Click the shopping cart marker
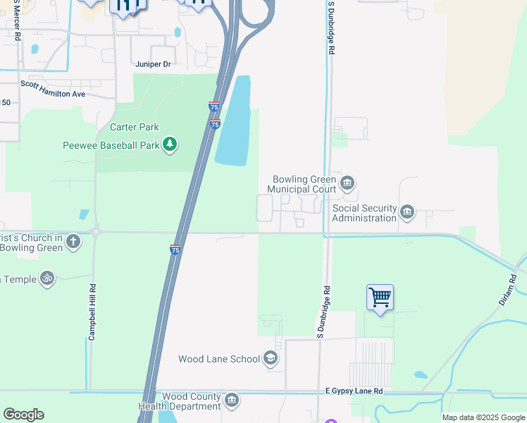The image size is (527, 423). pyautogui.click(x=380, y=298)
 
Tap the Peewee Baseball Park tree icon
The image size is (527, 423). pyautogui.click(x=169, y=145)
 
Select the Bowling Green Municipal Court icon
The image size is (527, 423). pyautogui.click(x=347, y=184)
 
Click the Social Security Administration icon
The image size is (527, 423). pyautogui.click(x=407, y=212)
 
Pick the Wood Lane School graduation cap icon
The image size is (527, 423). pyautogui.click(x=271, y=359)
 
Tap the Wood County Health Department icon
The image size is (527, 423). pyautogui.click(x=231, y=401)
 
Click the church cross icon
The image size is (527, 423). pyautogui.click(x=73, y=243)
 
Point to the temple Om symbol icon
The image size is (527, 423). pyautogui.click(x=47, y=278)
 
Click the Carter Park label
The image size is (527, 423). pyautogui.click(x=135, y=128)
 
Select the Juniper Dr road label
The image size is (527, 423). pyautogui.click(x=154, y=64)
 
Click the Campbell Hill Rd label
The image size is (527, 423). pyautogui.click(x=92, y=312)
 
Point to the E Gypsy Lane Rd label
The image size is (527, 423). pyautogui.click(x=354, y=391)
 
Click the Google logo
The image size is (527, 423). pyautogui.click(x=23, y=415)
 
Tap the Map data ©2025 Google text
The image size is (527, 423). pyautogui.click(x=483, y=417)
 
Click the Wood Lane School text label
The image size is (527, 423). pyautogui.click(x=219, y=359)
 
